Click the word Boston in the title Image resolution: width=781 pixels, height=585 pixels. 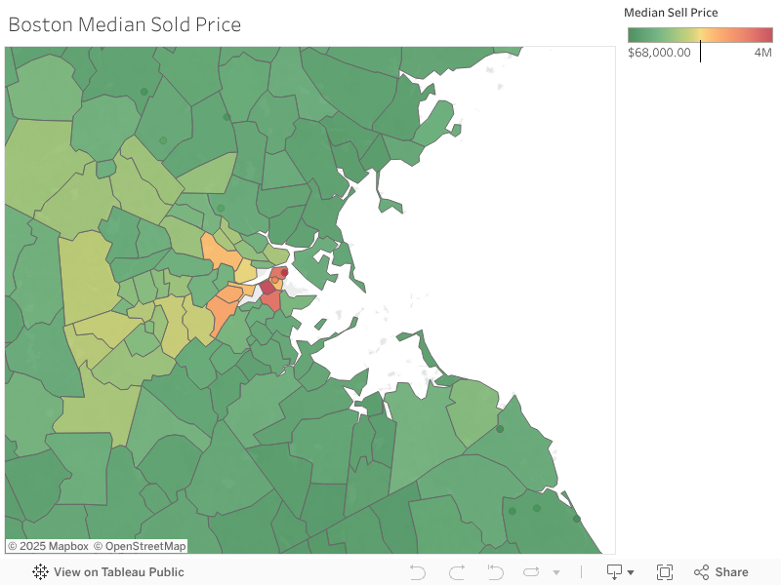coord(38,24)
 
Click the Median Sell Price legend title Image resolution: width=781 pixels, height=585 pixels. coord(671,13)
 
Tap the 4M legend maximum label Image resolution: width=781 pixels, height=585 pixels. coord(762,53)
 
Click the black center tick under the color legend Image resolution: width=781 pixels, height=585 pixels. coord(700,50)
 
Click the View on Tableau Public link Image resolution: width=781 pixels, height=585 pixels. coord(118,572)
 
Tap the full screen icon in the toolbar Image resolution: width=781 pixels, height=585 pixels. coord(665,572)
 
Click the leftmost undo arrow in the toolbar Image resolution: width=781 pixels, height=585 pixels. coord(418,572)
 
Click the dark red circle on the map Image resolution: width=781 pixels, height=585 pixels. coord(284,272)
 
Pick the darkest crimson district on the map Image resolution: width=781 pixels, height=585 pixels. coord(266,288)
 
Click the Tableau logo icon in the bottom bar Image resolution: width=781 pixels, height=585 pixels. coord(40,572)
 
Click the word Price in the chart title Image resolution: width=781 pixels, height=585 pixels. coord(219,24)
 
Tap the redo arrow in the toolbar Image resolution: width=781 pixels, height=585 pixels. coord(457,572)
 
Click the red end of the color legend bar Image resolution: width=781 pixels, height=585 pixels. coord(766,35)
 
